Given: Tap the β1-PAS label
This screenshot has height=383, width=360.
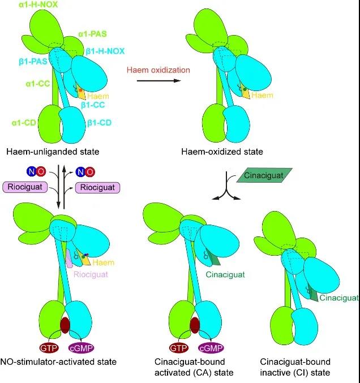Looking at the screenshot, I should tap(27, 61).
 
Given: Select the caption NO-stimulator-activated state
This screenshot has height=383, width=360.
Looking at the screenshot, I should tap(60, 361).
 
